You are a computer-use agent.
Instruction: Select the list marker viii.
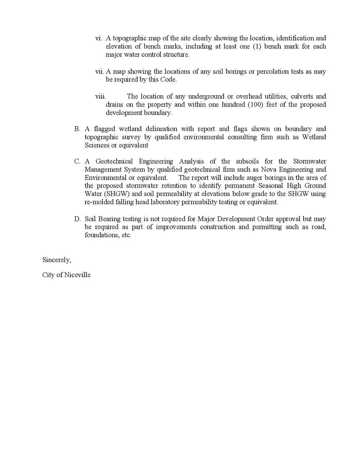point(100,96)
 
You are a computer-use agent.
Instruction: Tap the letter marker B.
point(77,129)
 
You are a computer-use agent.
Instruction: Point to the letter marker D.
point(77,219)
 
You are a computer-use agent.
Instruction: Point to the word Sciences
point(96,145)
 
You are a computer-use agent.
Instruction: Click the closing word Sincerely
point(57,260)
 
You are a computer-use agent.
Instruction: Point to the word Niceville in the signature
point(77,275)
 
